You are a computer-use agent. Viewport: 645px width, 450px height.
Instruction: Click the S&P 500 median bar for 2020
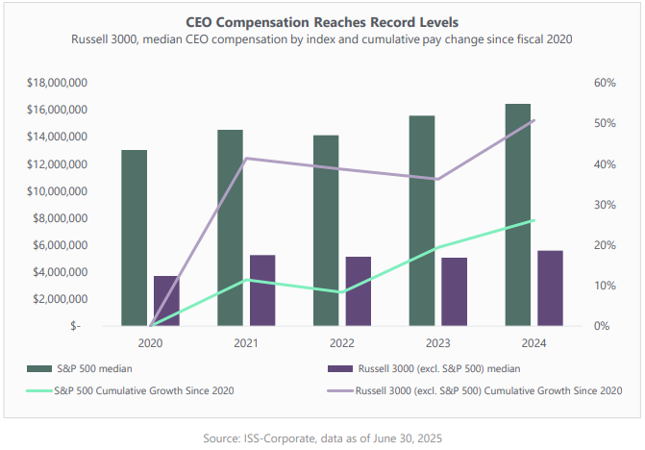pyautogui.click(x=135, y=238)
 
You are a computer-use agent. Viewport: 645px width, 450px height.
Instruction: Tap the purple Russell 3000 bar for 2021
pyautogui.click(x=262, y=290)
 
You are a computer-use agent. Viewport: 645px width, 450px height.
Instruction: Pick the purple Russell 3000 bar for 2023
pyautogui.click(x=455, y=291)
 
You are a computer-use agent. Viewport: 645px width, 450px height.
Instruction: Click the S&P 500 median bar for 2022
pyautogui.click(x=327, y=231)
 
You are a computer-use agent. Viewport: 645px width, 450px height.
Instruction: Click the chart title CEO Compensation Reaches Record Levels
pyautogui.click(x=321, y=20)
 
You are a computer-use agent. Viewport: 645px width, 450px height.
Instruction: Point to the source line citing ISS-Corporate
pyautogui.click(x=322, y=438)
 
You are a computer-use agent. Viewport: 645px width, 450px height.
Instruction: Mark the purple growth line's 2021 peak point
pyautogui.click(x=246, y=158)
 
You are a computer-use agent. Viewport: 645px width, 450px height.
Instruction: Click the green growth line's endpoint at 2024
pyautogui.click(x=534, y=220)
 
